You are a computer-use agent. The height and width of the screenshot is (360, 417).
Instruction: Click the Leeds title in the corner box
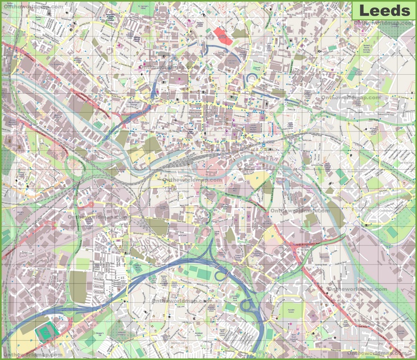384,10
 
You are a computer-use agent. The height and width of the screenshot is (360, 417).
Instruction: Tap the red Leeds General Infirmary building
222,35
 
